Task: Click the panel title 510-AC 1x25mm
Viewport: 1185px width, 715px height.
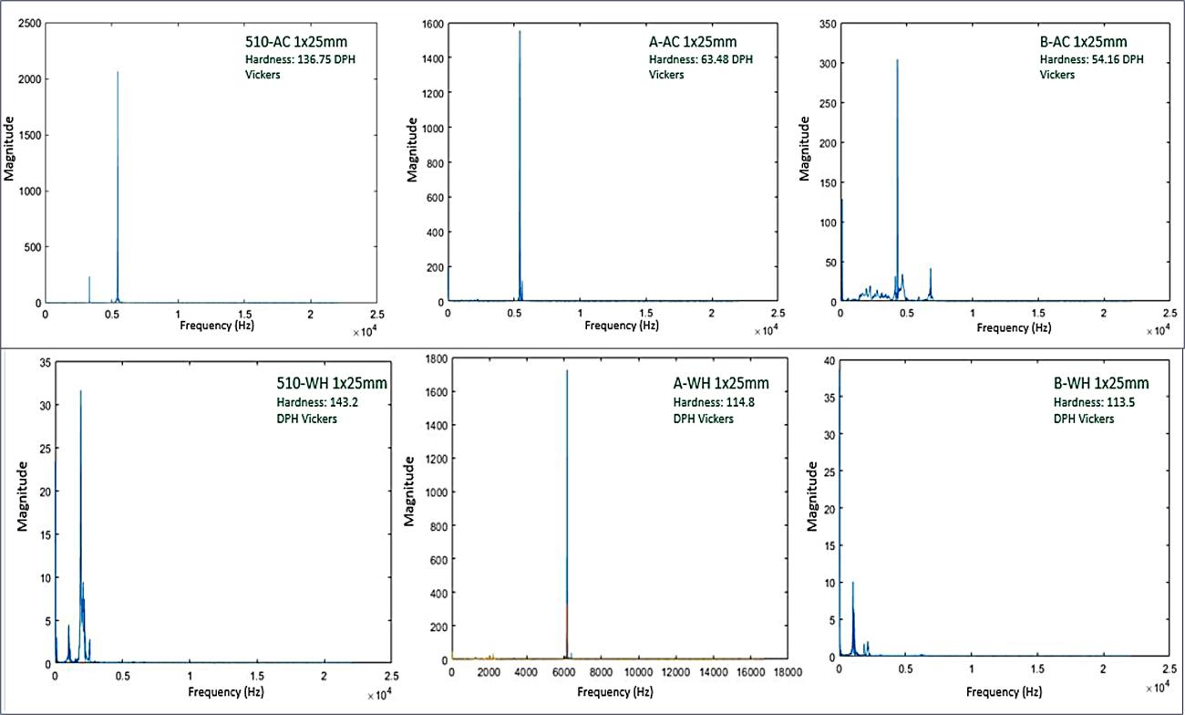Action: pos(289,41)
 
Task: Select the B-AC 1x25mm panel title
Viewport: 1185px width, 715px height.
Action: pos(1083,41)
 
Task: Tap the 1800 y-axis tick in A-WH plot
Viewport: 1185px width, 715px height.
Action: pos(431,358)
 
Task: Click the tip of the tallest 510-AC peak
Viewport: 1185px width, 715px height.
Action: pos(118,72)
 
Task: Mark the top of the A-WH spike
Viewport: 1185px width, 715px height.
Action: pos(567,370)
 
